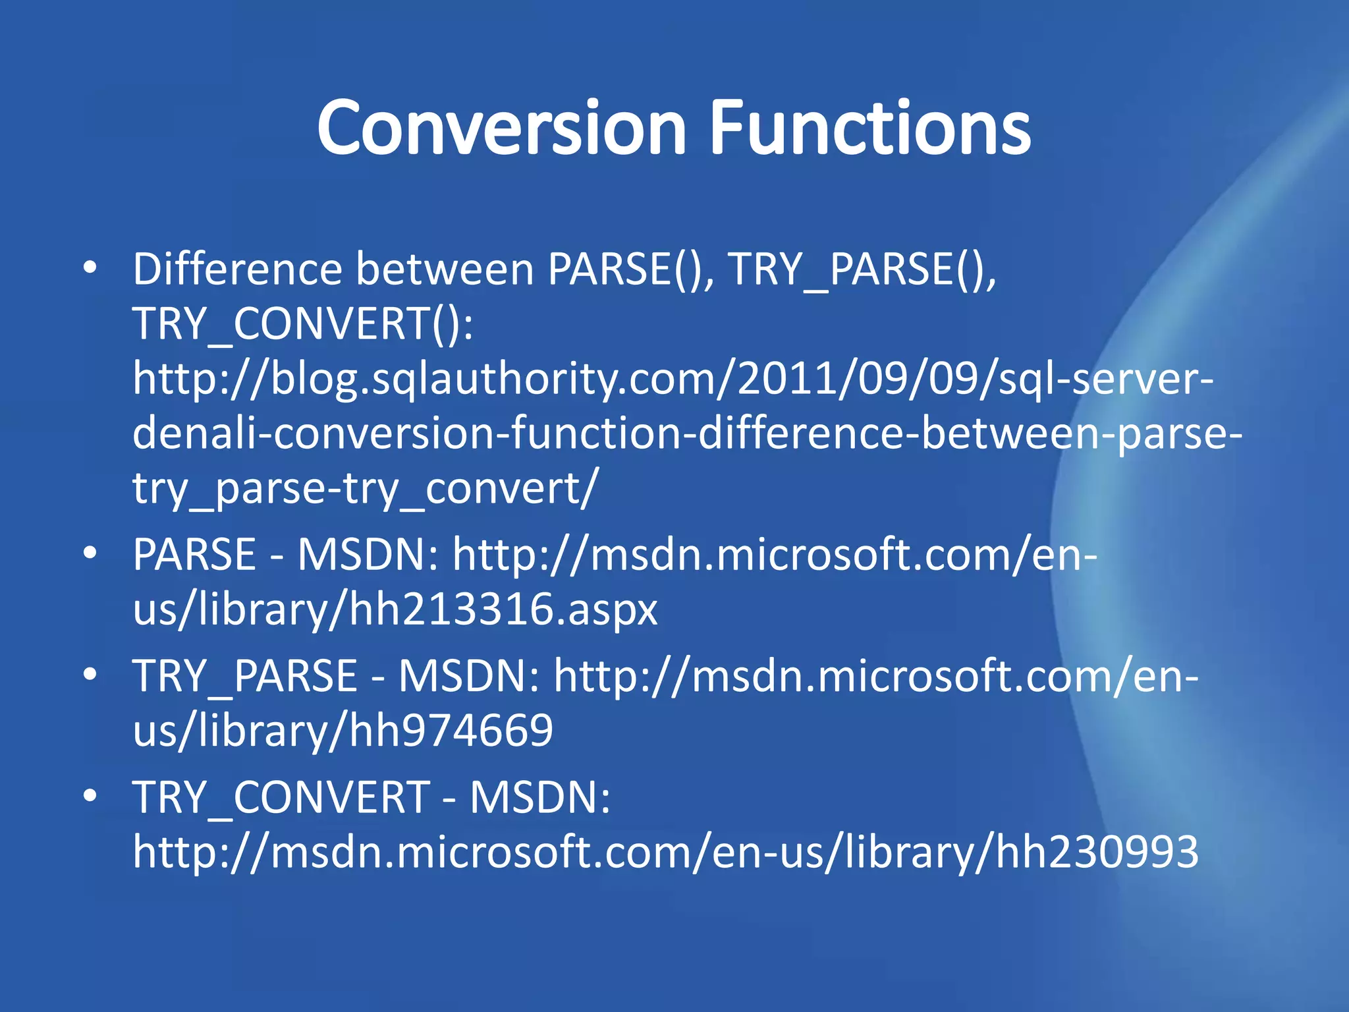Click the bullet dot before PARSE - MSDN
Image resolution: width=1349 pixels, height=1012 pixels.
(x=90, y=553)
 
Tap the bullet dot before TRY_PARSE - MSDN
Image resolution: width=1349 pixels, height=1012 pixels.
(x=90, y=674)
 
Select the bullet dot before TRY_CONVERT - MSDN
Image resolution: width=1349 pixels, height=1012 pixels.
(x=90, y=795)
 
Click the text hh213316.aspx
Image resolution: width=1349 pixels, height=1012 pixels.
(x=503, y=609)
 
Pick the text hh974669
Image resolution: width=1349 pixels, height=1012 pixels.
(x=451, y=731)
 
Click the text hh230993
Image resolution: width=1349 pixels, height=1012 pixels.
(x=1096, y=852)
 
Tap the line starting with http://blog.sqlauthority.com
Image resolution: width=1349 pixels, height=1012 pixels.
(x=672, y=379)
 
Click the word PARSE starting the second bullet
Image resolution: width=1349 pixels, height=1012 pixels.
(x=194, y=554)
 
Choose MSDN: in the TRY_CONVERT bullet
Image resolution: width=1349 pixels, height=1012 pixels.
(x=540, y=797)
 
